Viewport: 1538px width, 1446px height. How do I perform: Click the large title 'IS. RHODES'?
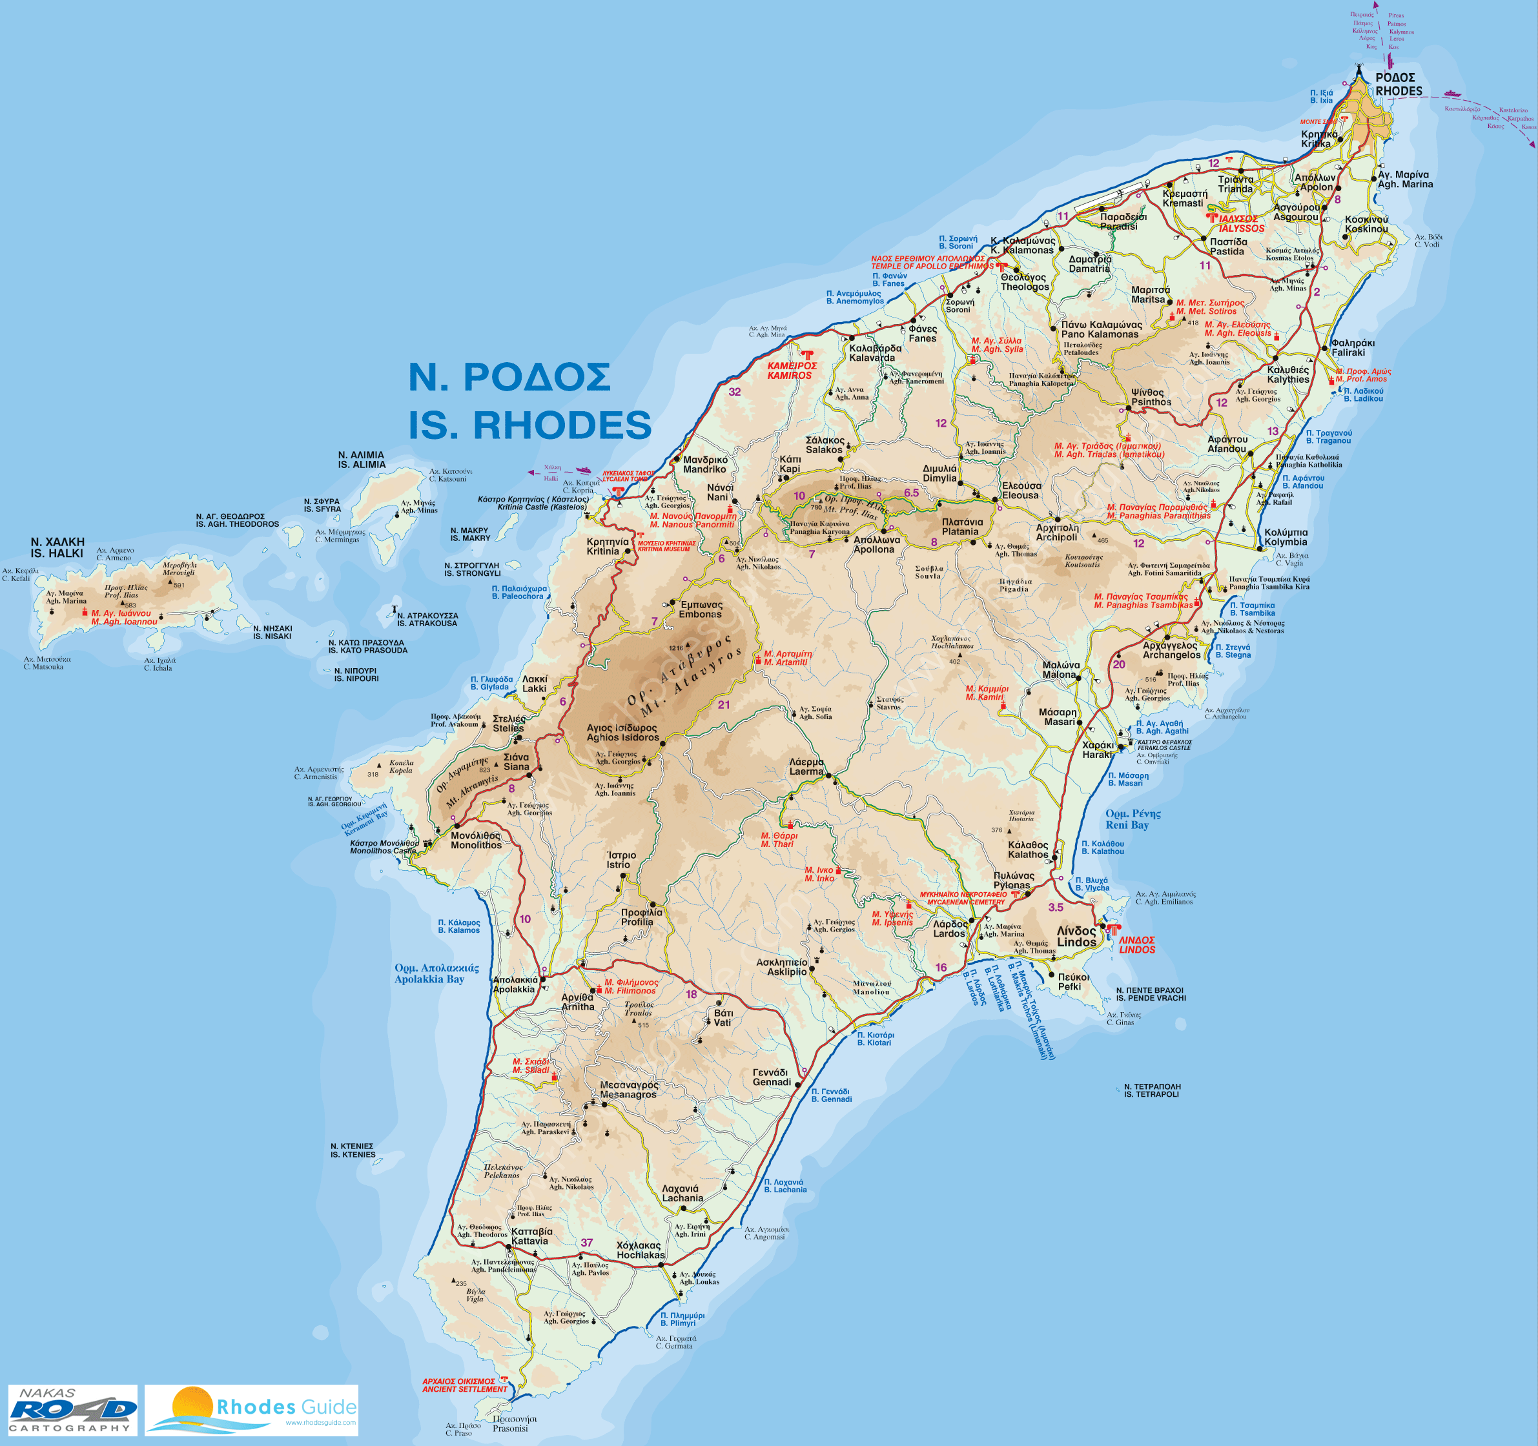tap(530, 425)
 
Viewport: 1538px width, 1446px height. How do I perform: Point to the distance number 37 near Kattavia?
tap(586, 1243)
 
